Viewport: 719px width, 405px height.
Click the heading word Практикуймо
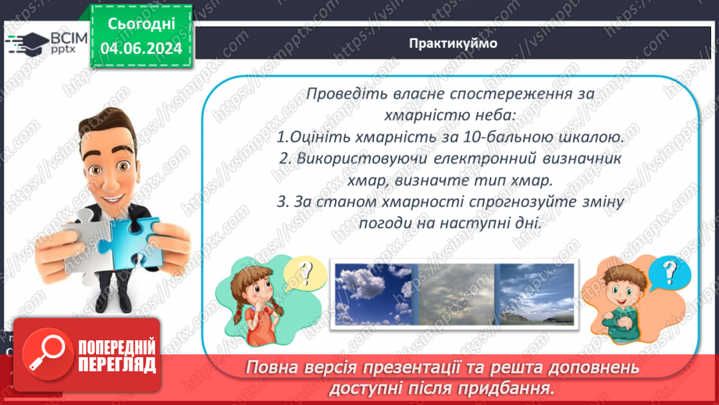coord(453,44)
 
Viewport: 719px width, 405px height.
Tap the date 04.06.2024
coord(141,48)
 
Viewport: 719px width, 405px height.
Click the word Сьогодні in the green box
coord(141,24)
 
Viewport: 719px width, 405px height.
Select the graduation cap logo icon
coord(27,44)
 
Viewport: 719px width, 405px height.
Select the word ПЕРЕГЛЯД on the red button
coord(117,365)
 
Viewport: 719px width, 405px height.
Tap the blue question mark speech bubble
coord(669,272)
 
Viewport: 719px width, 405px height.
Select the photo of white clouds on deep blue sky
coord(374,294)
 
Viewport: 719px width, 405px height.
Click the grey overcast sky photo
coord(456,294)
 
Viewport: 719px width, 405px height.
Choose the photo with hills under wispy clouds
coord(537,294)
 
